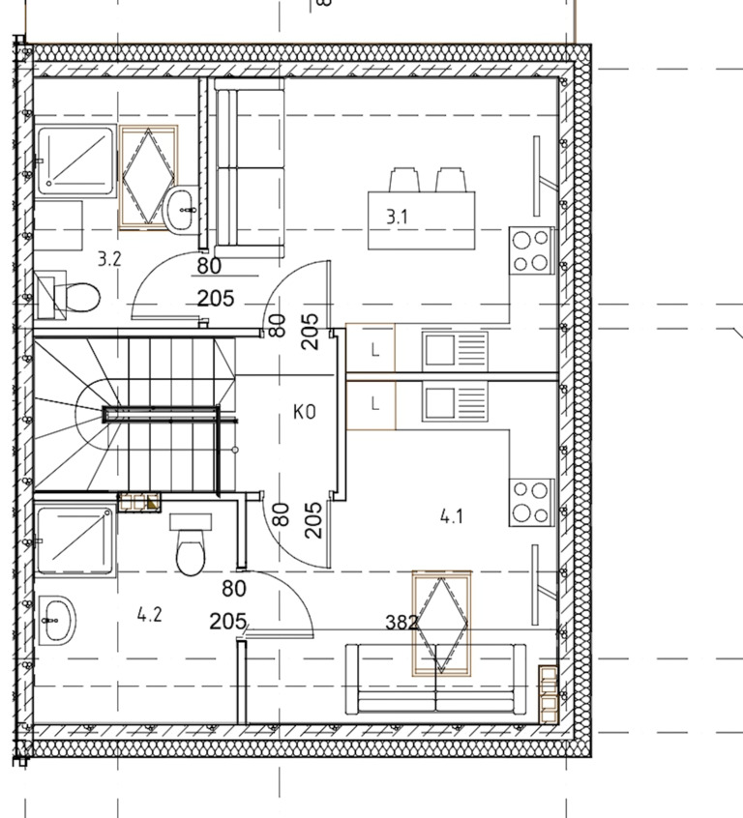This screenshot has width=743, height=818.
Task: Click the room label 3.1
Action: [x=397, y=217]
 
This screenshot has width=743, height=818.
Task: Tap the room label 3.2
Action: [x=109, y=259]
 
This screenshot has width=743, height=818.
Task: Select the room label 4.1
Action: [x=452, y=517]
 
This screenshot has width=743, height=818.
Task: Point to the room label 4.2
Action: [x=149, y=615]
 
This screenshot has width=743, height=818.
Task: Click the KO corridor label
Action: [x=305, y=412]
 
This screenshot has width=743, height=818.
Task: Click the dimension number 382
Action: [x=401, y=622]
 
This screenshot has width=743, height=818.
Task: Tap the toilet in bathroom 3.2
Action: [x=68, y=296]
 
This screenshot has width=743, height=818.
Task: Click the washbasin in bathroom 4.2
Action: [x=55, y=621]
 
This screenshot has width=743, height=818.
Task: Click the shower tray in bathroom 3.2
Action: [x=76, y=161]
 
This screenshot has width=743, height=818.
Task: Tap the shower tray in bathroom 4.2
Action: [x=75, y=541]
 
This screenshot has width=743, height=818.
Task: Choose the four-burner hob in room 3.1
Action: [x=531, y=250]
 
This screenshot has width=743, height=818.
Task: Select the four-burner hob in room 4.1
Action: [x=531, y=503]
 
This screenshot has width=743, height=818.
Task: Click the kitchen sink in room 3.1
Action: [x=455, y=351]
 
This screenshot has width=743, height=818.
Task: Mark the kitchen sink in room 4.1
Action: [x=455, y=403]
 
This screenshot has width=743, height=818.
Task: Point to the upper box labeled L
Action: [x=371, y=347]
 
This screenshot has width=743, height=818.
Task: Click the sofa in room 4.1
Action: [x=436, y=679]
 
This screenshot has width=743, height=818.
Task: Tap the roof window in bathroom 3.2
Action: [x=148, y=177]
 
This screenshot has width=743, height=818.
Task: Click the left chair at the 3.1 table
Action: [x=404, y=180]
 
